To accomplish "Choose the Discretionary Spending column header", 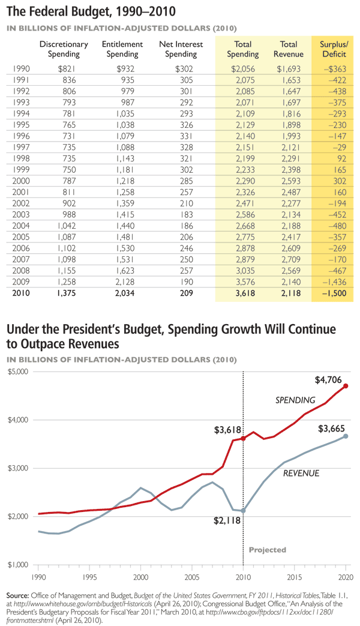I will coord(64,49).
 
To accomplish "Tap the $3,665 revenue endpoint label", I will coord(331,427).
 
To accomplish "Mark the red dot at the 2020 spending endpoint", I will coord(346,387).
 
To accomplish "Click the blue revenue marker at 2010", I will coord(243,511).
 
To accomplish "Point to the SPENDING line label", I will coord(295,400).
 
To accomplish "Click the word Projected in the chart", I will coord(268,550).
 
